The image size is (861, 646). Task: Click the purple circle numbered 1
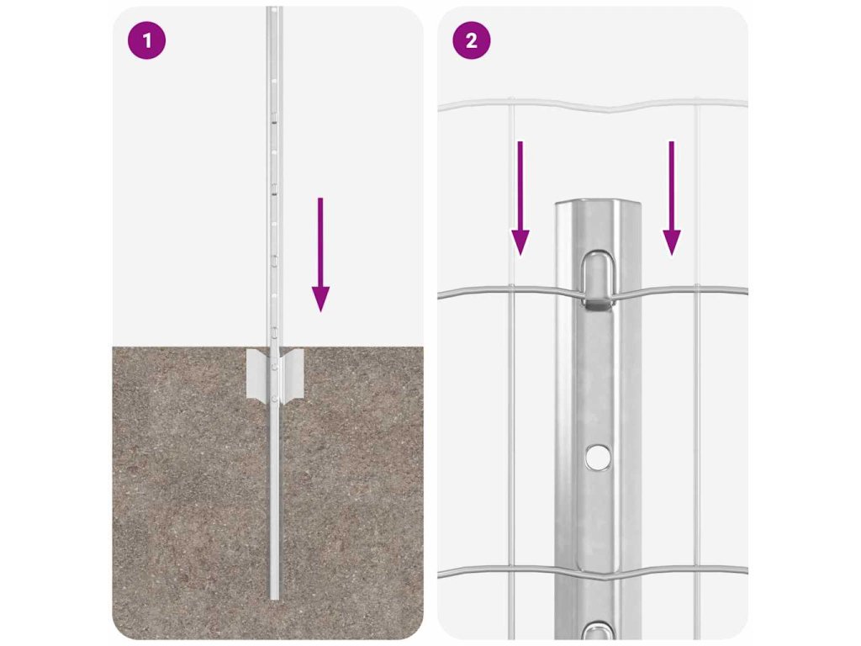click(x=146, y=40)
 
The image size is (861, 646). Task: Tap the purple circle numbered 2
click(x=471, y=40)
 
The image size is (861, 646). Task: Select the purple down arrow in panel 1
click(x=320, y=255)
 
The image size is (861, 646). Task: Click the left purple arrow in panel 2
click(x=520, y=199)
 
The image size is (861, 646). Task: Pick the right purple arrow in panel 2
click(x=671, y=199)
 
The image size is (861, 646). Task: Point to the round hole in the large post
click(x=597, y=456)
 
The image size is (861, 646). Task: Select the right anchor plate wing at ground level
click(x=292, y=373)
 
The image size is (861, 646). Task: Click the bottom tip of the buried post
click(x=274, y=598)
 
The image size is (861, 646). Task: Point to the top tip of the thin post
click(x=274, y=8)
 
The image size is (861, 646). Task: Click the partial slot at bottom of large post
click(x=598, y=631)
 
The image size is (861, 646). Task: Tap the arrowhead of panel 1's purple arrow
click(x=320, y=299)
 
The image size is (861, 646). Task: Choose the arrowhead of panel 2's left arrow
click(x=520, y=243)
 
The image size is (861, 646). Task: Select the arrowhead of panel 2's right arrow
click(x=671, y=243)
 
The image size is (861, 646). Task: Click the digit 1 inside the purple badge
click(x=146, y=40)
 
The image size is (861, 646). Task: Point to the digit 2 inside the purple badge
click(x=471, y=40)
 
